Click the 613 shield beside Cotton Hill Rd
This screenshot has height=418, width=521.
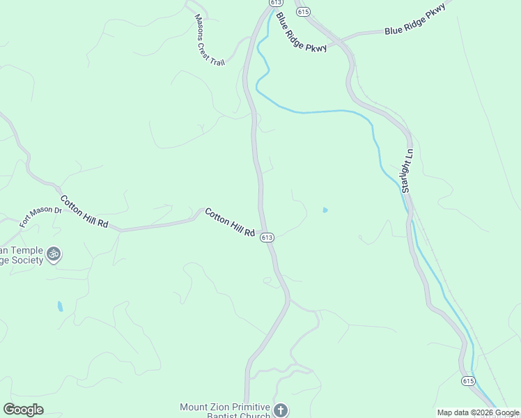[x=267, y=238]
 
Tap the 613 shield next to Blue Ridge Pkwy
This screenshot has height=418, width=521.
[x=272, y=3]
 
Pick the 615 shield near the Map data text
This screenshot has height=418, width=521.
[x=468, y=380]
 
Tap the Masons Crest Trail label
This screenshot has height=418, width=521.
[x=210, y=40]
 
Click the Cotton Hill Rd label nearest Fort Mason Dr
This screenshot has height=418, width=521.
[x=84, y=212]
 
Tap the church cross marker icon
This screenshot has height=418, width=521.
[x=281, y=410]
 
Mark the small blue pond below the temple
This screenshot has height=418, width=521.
[x=60, y=306]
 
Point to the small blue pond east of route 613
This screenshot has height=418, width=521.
[x=325, y=210]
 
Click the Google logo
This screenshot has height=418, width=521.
[x=23, y=410]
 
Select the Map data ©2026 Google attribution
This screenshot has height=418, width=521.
[x=479, y=412]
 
